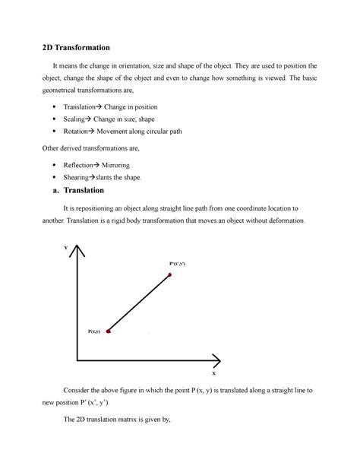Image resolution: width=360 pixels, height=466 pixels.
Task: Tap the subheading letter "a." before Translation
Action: pos(48,190)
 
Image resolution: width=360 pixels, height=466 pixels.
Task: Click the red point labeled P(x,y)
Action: pos(109,331)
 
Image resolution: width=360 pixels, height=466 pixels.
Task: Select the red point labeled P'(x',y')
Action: pos(169,274)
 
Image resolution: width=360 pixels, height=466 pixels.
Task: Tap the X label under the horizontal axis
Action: pos(213,373)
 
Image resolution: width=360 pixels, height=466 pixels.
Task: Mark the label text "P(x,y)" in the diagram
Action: pos(95,331)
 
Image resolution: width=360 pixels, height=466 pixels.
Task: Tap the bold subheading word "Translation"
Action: pos(87,190)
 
